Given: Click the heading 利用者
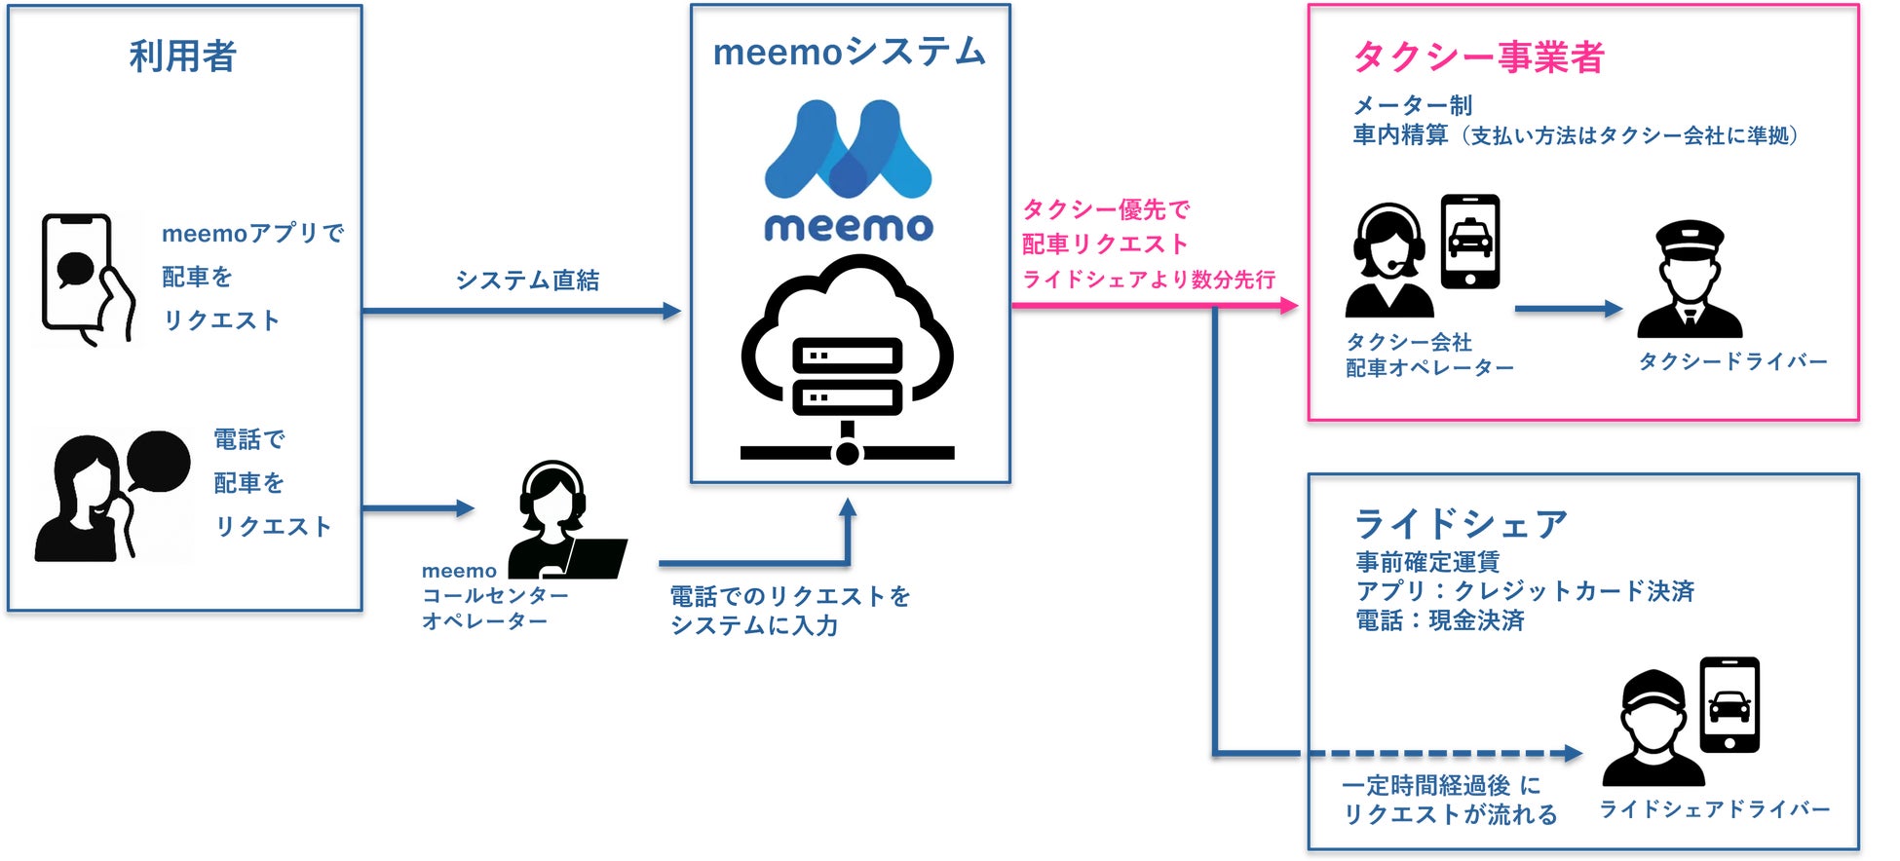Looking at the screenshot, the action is pos(183,56).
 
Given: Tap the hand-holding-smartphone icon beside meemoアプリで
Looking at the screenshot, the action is pos(88,280).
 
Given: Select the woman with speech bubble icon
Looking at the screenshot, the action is pos(112,496).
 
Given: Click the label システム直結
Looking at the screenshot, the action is pos(528,281).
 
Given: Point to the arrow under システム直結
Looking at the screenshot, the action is pos(521,312).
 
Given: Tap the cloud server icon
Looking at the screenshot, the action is pos(848,359).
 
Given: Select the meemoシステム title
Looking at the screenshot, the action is pos(850,52).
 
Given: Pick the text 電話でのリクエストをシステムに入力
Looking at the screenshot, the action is pos(790,611).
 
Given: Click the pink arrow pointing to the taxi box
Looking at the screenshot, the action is pos(1155,306).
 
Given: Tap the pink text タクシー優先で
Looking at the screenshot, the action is pos(1106,209).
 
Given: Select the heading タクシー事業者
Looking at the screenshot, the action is pos(1479,57).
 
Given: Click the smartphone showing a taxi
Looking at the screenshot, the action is pos(1470,242).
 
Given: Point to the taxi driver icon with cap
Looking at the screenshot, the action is pos(1690,279).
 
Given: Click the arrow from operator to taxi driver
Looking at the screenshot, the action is pos(1569,309).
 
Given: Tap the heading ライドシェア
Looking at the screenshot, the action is pos(1461,524).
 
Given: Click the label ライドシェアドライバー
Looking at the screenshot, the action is pos(1715,809).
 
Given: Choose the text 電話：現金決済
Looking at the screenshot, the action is pos(1440,620).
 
